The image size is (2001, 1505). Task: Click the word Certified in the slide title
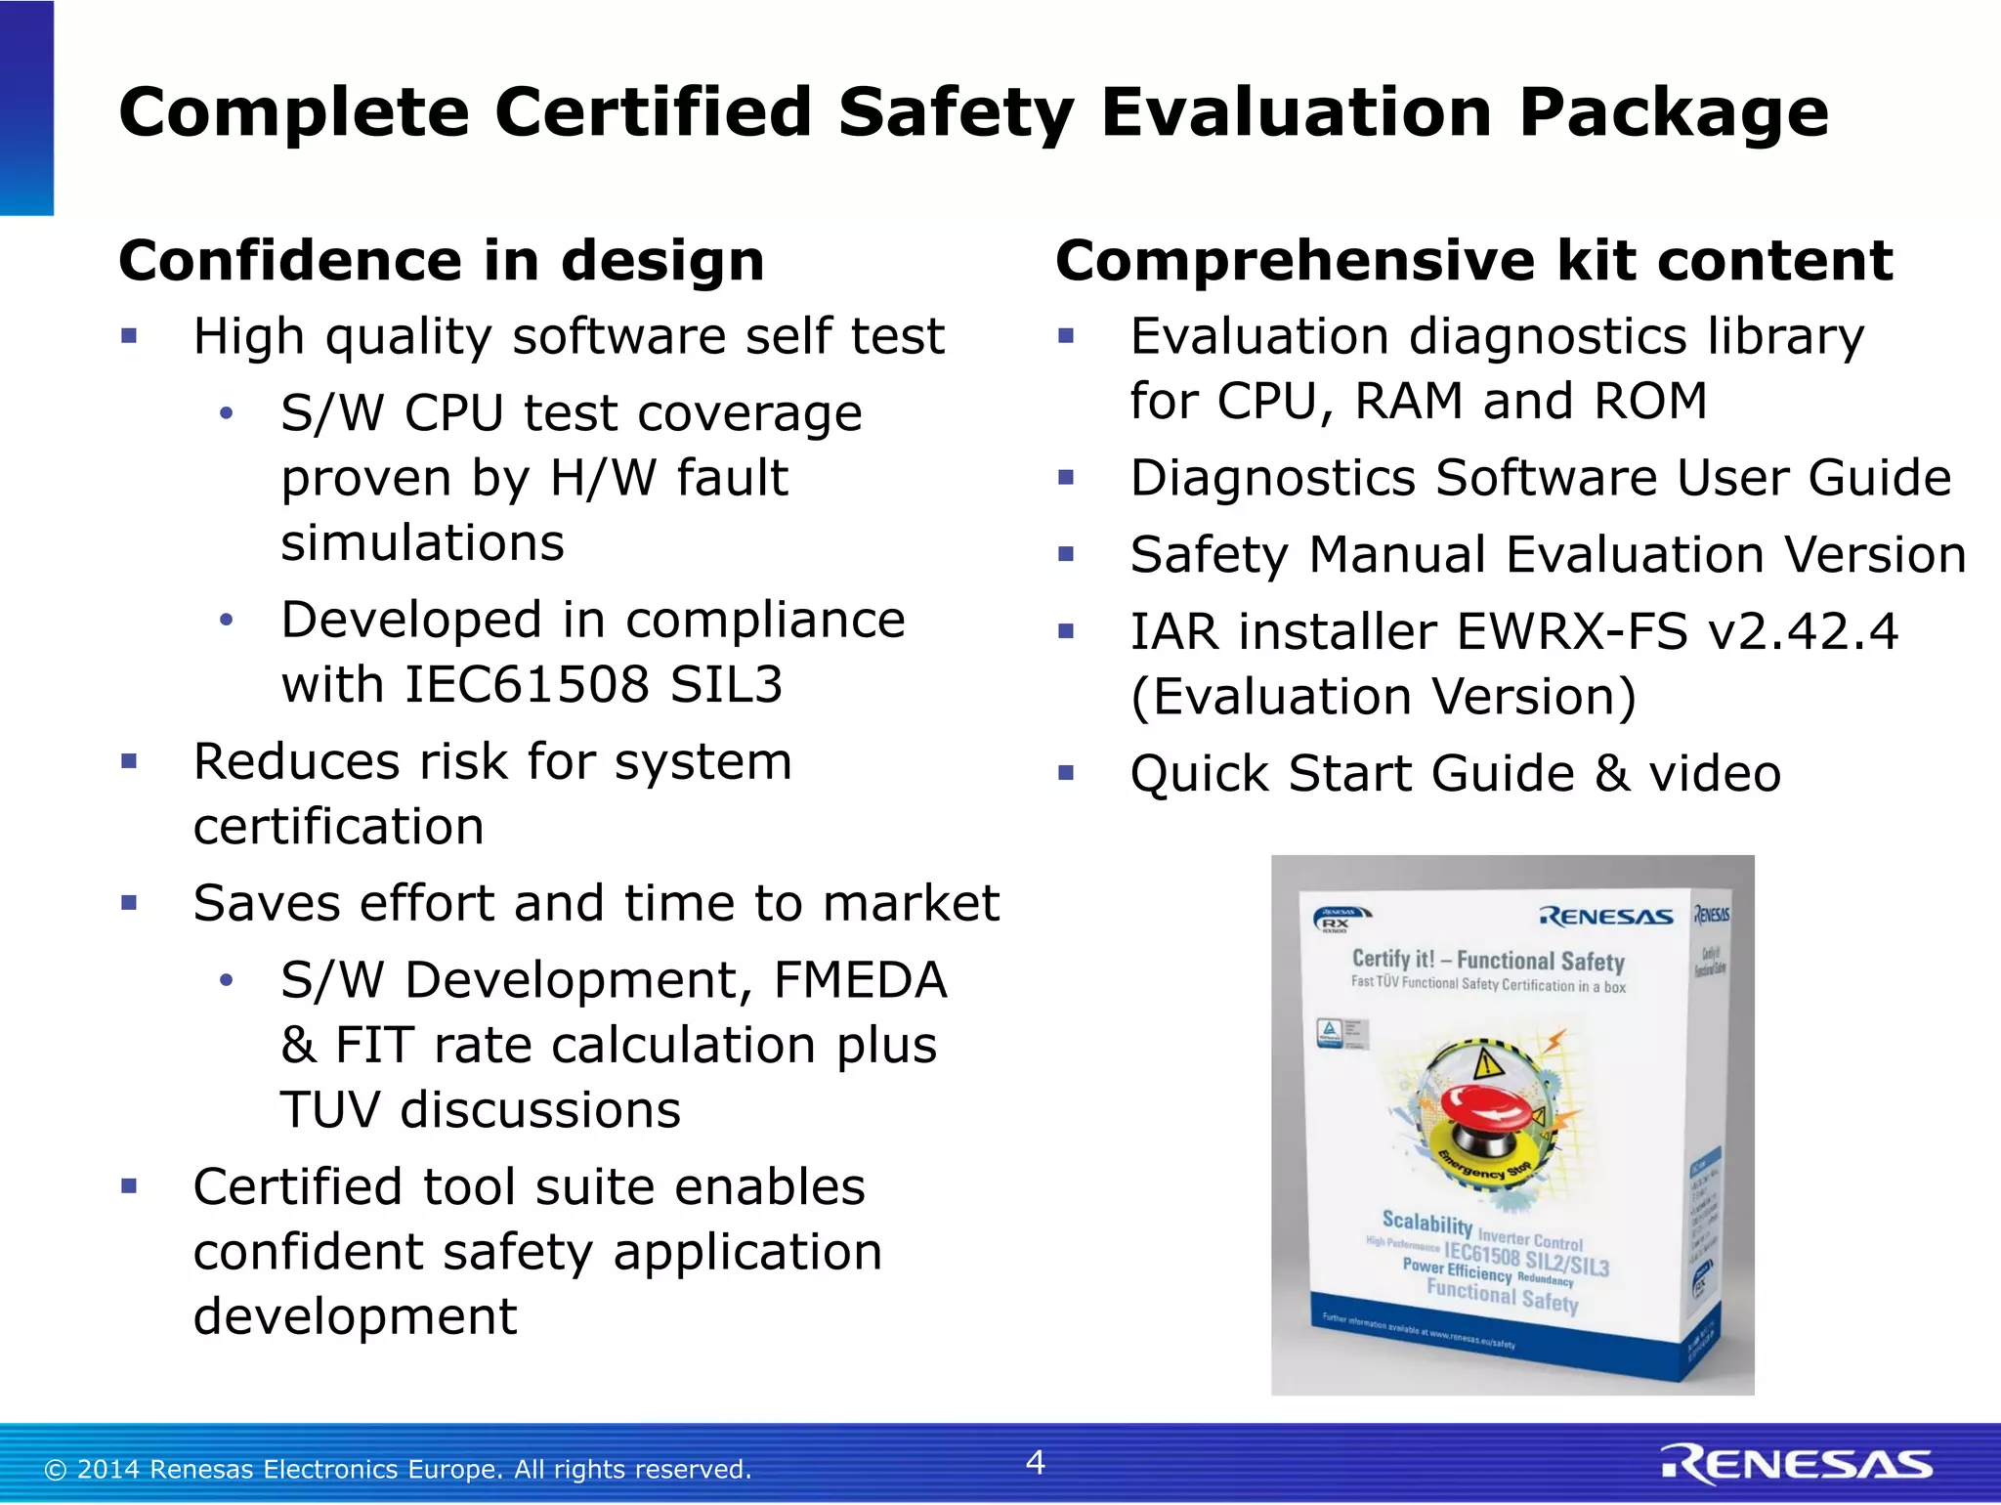pyautogui.click(x=652, y=112)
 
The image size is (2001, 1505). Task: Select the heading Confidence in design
pyautogui.click(x=442, y=261)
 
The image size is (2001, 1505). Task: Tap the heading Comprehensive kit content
pyautogui.click(x=1474, y=261)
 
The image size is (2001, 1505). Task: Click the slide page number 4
pyautogui.click(x=1036, y=1462)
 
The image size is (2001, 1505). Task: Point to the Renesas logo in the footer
pyautogui.click(x=1796, y=1465)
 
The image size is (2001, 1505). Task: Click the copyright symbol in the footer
pyautogui.click(x=56, y=1470)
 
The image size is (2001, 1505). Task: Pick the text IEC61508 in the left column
pyautogui.click(x=527, y=684)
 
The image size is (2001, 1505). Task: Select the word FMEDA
pyautogui.click(x=860, y=980)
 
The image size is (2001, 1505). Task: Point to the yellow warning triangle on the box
pyautogui.click(x=1486, y=1063)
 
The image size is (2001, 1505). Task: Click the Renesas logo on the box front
pyautogui.click(x=1606, y=917)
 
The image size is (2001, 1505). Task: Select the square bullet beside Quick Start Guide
pyautogui.click(x=1066, y=774)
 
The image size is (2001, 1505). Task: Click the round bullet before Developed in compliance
pyautogui.click(x=227, y=620)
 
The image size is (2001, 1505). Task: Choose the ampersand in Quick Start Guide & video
pyautogui.click(x=1612, y=774)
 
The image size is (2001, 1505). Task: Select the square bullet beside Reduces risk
pyautogui.click(x=129, y=761)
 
